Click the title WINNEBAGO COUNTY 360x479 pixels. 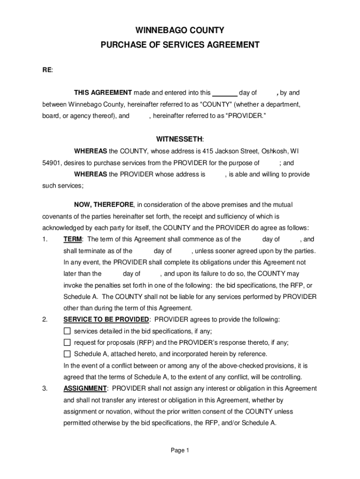(x=180, y=30)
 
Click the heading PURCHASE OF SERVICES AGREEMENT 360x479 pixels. (x=180, y=45)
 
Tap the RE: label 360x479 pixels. (x=48, y=70)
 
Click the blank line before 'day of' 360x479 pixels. (x=224, y=93)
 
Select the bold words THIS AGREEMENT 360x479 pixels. (x=103, y=93)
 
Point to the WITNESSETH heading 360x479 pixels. (x=180, y=139)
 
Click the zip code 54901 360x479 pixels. (x=47, y=163)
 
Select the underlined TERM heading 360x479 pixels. (x=72, y=239)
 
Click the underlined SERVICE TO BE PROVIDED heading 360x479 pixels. (x=106, y=319)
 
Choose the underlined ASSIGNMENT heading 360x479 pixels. (x=85, y=388)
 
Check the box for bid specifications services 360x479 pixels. (x=67, y=331)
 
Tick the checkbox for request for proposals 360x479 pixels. (x=67, y=342)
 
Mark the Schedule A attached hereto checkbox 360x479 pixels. (x=67, y=354)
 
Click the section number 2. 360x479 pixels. (x=44, y=319)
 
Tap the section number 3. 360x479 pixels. (x=44, y=388)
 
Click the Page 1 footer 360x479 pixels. (x=180, y=450)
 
